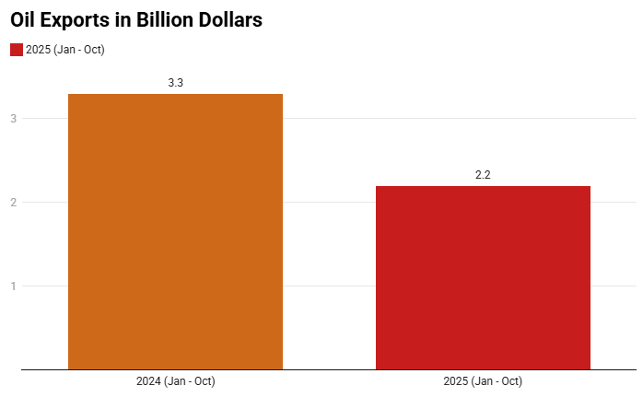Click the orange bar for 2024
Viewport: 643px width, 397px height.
point(175,231)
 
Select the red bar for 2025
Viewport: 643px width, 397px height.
point(483,277)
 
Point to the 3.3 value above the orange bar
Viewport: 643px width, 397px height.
point(175,83)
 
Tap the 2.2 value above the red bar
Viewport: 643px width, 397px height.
point(483,175)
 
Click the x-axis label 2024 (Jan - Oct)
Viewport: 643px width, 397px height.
point(175,381)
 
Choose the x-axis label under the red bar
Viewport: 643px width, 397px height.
point(483,381)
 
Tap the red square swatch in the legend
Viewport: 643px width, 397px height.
point(16,50)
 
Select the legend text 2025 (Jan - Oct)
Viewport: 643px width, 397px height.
point(65,50)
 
